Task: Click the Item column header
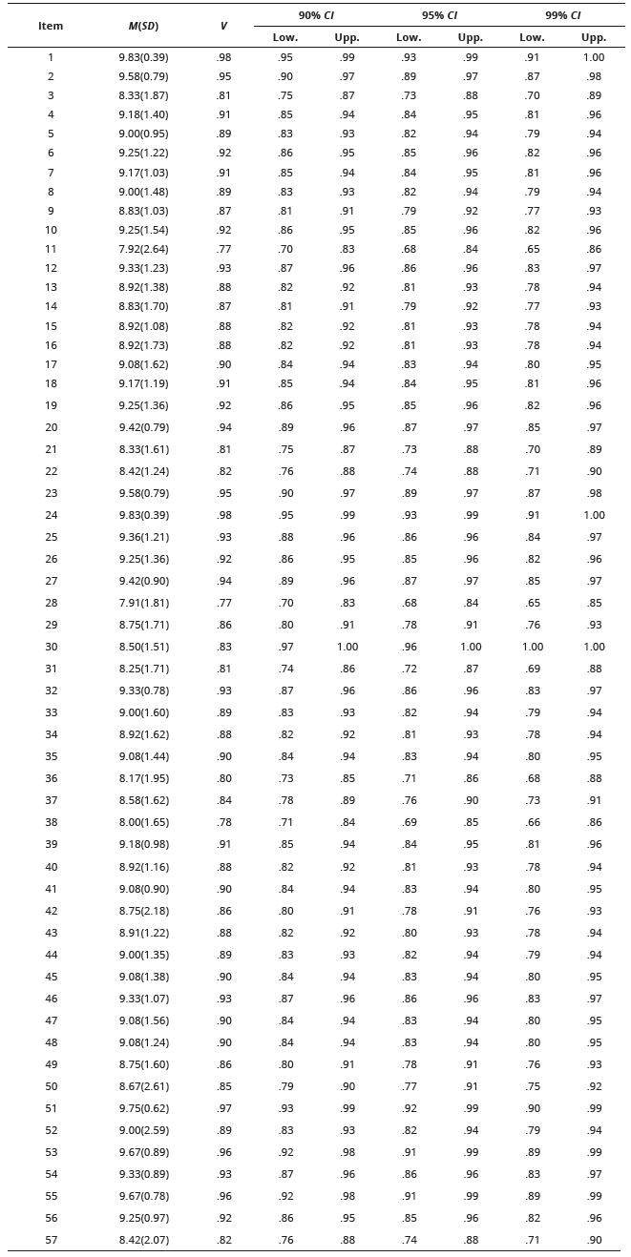tap(51, 27)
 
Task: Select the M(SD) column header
tap(143, 27)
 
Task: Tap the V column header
tap(223, 27)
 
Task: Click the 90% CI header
tap(316, 15)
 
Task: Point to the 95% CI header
tap(439, 15)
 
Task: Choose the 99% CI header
tap(562, 15)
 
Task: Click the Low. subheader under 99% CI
tap(532, 38)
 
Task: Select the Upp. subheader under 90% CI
tap(347, 38)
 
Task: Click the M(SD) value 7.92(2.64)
tap(143, 250)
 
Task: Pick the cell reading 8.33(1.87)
tap(143, 96)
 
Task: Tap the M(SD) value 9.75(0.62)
tap(143, 1109)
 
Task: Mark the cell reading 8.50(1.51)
tap(143, 648)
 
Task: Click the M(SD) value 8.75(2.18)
tap(143, 912)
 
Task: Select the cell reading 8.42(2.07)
tap(143, 1241)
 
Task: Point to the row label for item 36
tap(51, 779)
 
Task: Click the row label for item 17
tap(51, 365)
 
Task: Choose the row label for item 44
tap(51, 956)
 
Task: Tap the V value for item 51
tap(223, 1109)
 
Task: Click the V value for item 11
tap(223, 250)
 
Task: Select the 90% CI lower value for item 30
tap(285, 648)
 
